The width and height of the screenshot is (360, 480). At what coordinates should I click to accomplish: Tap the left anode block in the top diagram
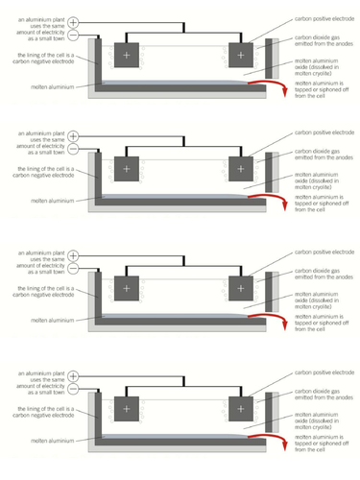126,55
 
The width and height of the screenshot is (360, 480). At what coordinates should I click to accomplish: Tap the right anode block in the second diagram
240,169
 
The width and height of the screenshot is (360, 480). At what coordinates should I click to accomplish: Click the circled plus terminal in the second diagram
75,136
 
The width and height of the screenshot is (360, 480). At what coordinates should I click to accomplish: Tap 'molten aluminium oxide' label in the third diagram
317,300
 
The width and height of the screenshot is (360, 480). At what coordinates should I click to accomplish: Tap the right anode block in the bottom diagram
240,405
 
